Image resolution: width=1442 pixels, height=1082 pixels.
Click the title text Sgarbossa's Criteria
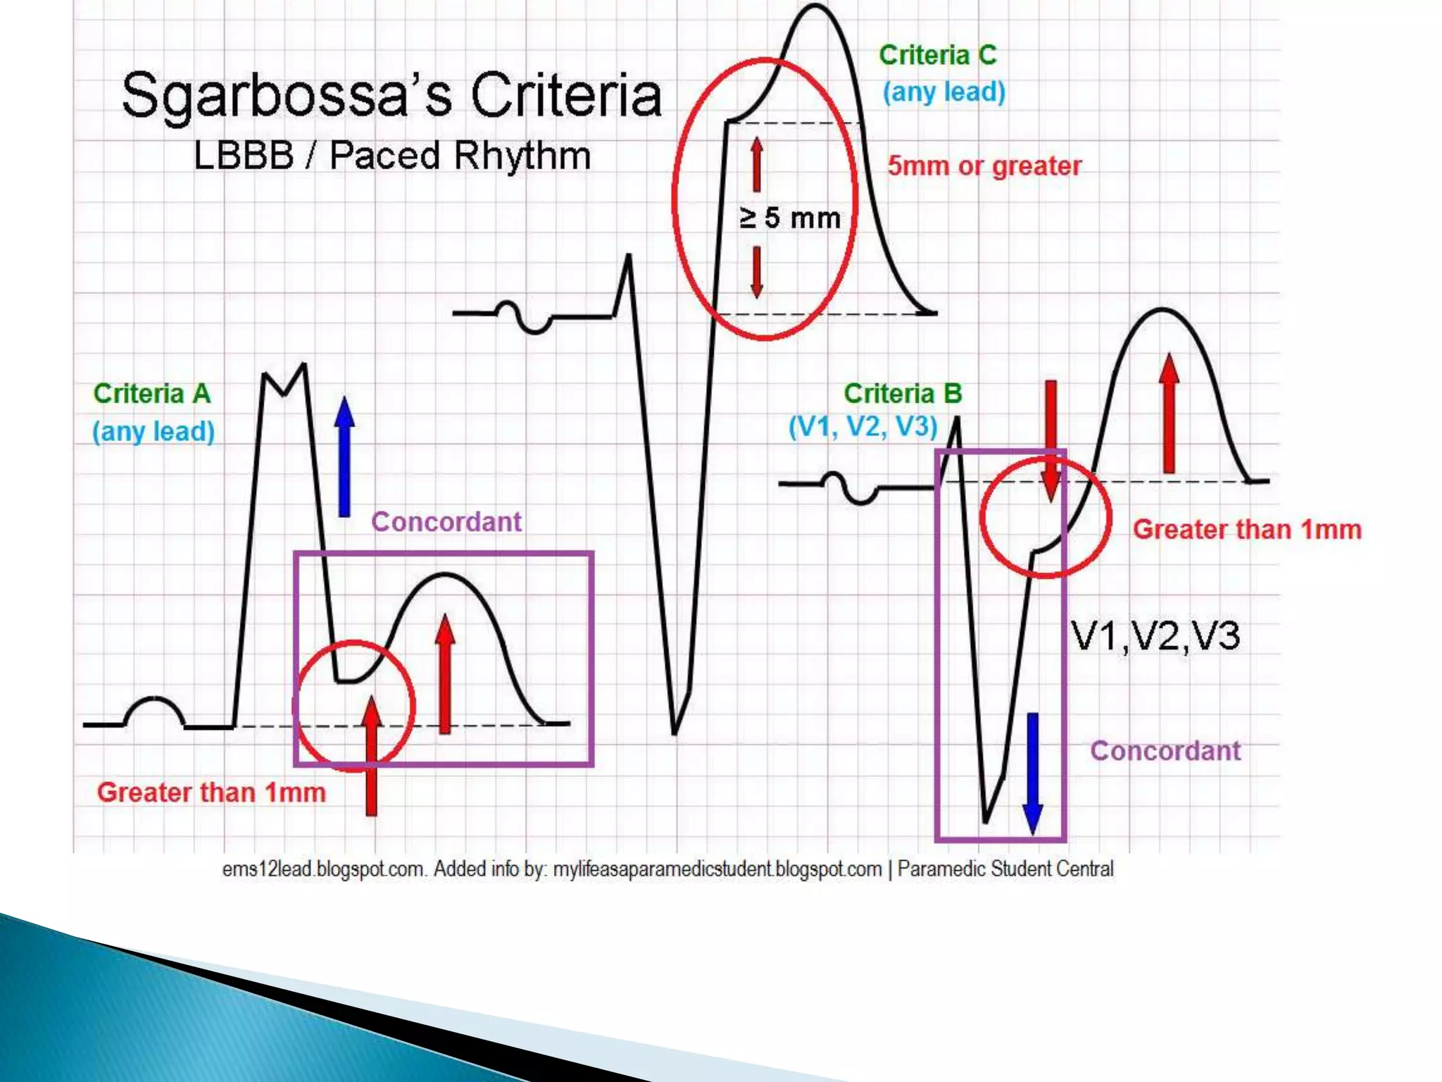pos(391,97)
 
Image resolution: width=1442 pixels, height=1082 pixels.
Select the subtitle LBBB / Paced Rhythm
pos(391,156)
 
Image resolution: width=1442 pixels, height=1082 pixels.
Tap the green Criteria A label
pos(152,394)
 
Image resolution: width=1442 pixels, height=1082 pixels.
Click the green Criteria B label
pos(903,394)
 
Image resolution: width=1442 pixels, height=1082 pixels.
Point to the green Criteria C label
pos(938,55)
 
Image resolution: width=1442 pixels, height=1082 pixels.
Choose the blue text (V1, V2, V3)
pos(863,427)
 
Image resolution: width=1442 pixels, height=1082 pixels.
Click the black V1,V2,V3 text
pos(1155,635)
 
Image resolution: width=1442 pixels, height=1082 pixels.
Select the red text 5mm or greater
pos(984,166)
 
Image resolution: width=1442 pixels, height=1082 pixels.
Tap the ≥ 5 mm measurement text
pos(790,218)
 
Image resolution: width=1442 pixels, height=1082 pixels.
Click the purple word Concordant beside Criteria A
pos(446,522)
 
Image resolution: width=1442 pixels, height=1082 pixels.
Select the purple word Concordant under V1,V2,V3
pos(1165,751)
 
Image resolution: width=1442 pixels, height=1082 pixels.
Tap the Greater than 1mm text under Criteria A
pos(211,792)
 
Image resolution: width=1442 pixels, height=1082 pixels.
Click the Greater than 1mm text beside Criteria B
pos(1247,530)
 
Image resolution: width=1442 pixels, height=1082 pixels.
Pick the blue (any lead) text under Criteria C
pos(944,92)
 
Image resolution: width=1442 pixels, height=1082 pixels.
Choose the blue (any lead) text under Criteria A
pos(153,431)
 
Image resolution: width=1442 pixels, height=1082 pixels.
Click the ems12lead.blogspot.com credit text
pos(325,869)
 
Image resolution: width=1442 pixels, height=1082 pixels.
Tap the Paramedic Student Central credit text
pos(1005,869)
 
